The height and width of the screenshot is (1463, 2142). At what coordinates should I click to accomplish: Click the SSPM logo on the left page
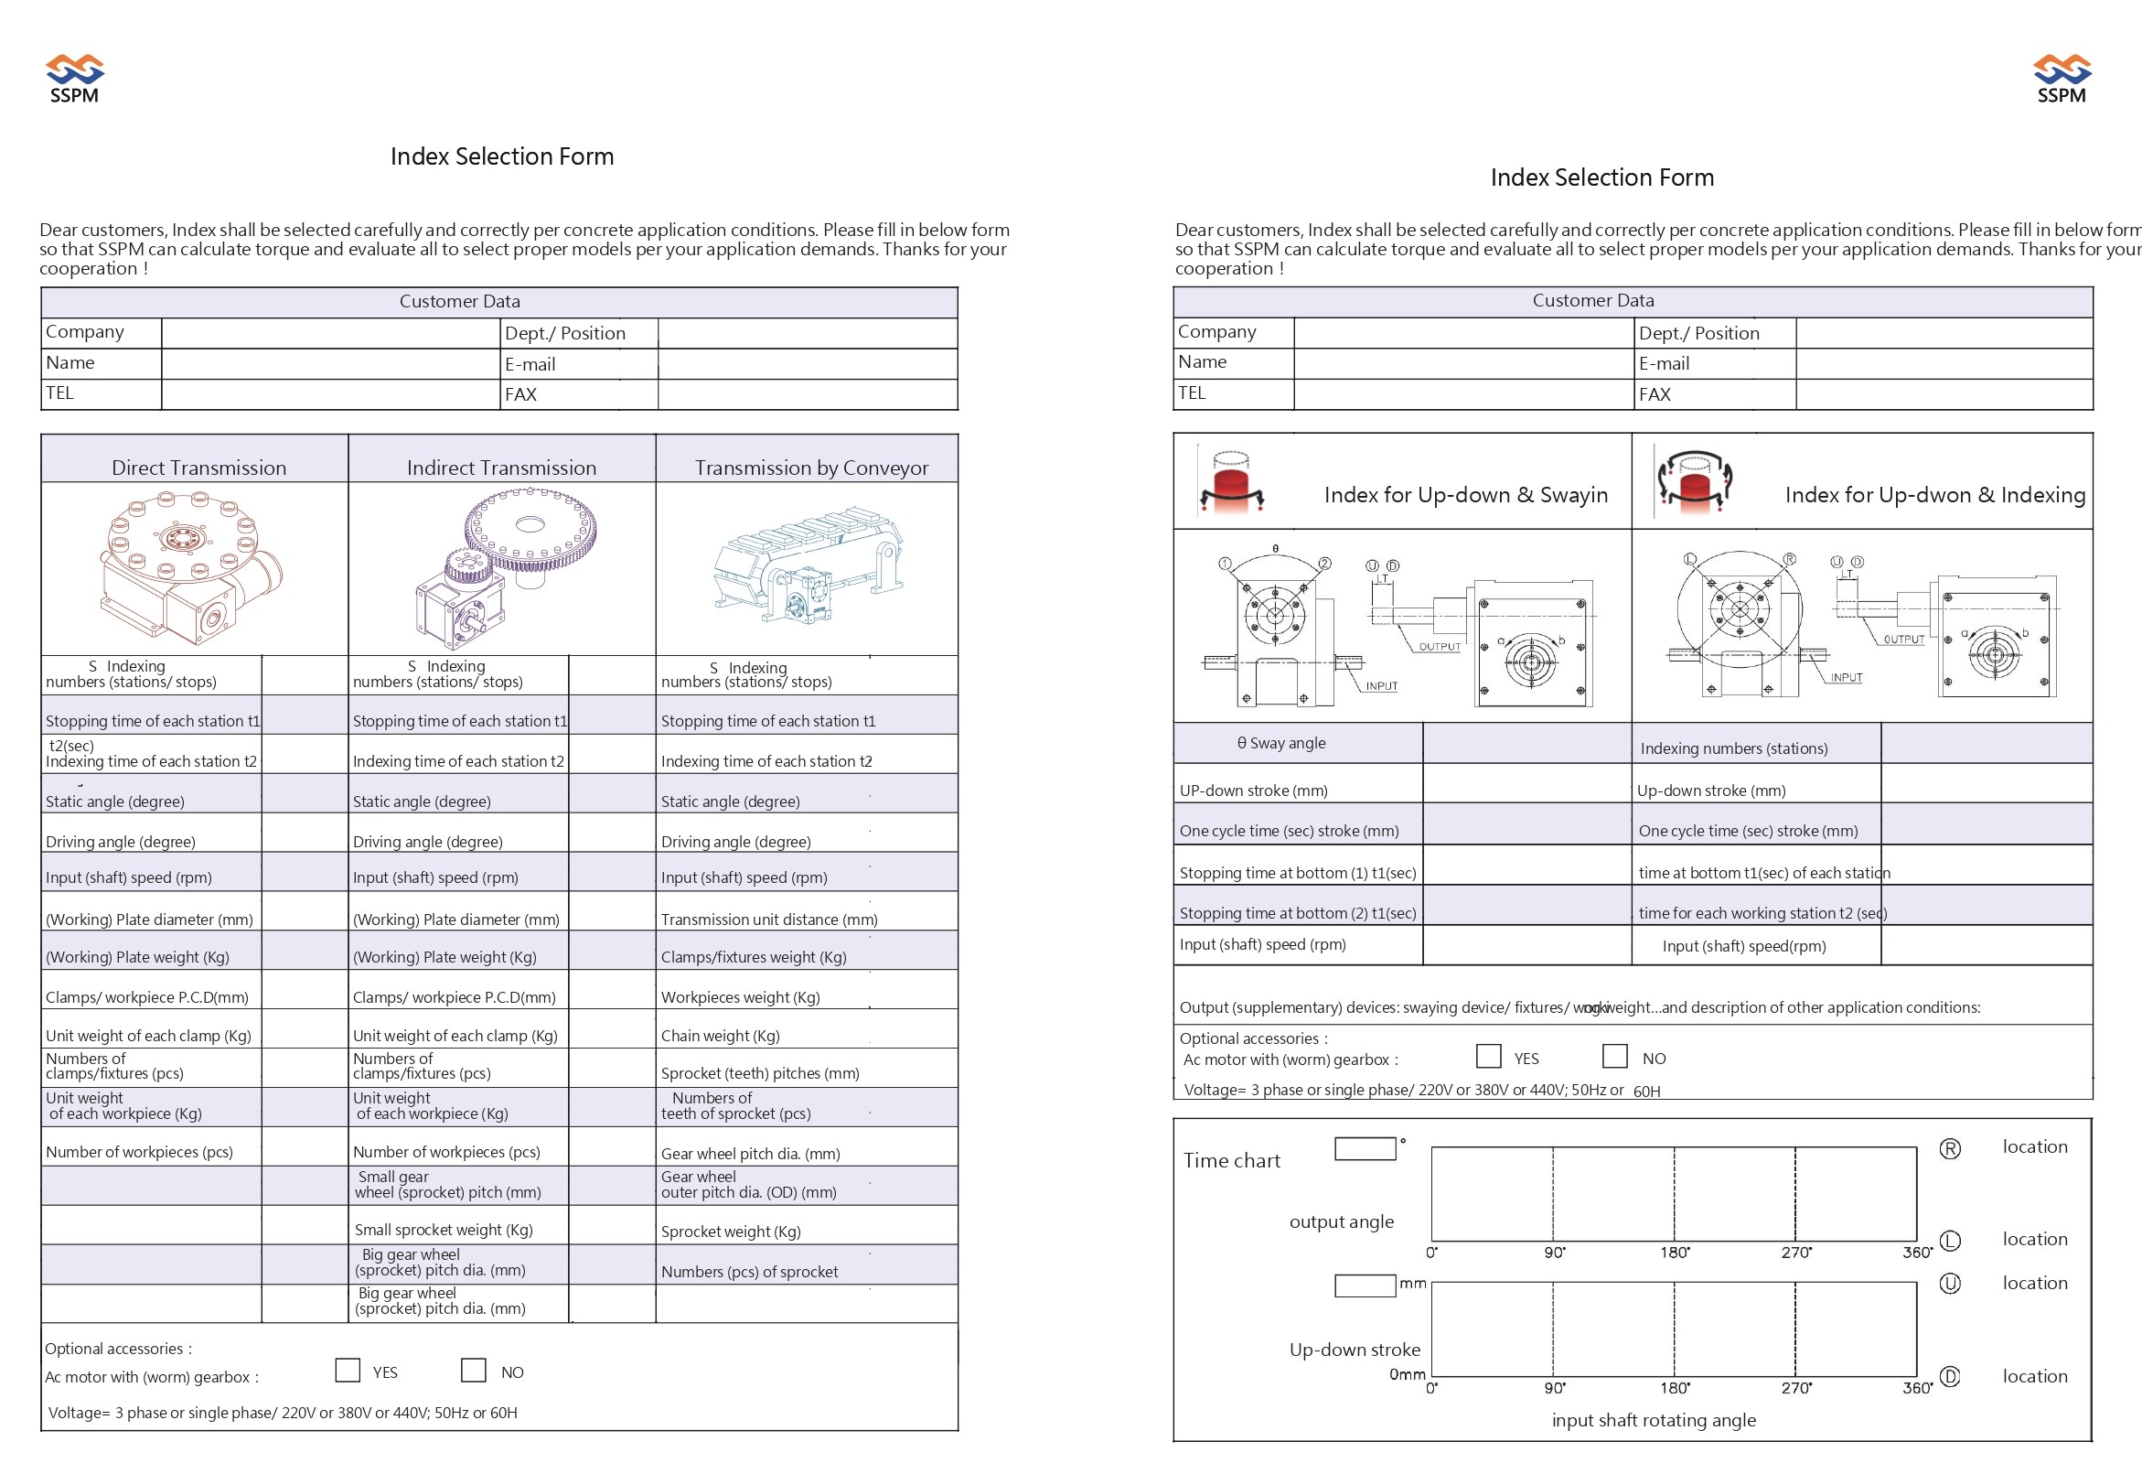[x=75, y=80]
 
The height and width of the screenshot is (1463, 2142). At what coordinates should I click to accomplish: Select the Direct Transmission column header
[x=198, y=468]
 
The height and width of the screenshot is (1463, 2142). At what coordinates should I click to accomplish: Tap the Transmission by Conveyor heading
[x=811, y=468]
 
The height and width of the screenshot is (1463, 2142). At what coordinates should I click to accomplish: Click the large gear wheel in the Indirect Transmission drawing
[x=530, y=527]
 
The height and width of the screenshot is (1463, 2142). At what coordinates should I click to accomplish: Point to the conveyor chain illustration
[x=808, y=566]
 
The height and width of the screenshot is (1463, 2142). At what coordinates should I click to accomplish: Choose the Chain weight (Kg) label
[x=720, y=1035]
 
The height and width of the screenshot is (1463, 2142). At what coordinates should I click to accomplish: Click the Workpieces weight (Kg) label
[x=740, y=996]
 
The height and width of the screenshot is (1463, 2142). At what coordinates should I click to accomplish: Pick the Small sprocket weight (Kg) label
[x=444, y=1229]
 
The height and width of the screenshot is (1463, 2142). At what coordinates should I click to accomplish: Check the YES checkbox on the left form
[x=348, y=1370]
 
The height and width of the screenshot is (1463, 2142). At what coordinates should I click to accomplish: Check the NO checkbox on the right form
[x=1614, y=1056]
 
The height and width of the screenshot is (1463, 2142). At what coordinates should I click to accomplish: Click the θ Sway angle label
[x=1281, y=743]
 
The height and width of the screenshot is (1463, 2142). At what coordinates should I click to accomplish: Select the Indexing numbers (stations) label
[x=1734, y=748]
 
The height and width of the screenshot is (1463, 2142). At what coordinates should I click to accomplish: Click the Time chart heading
[x=1231, y=1161]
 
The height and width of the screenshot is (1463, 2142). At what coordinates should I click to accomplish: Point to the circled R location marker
[x=1949, y=1148]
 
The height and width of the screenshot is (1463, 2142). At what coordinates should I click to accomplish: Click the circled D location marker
[x=1949, y=1376]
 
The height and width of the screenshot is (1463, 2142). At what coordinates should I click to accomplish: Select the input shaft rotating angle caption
[x=1654, y=1420]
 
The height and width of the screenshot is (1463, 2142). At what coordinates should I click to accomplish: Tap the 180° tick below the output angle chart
[x=1675, y=1252]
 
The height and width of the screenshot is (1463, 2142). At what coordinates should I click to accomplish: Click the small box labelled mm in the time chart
[x=1364, y=1286]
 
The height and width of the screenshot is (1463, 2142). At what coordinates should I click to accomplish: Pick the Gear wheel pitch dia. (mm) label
[x=750, y=1153]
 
